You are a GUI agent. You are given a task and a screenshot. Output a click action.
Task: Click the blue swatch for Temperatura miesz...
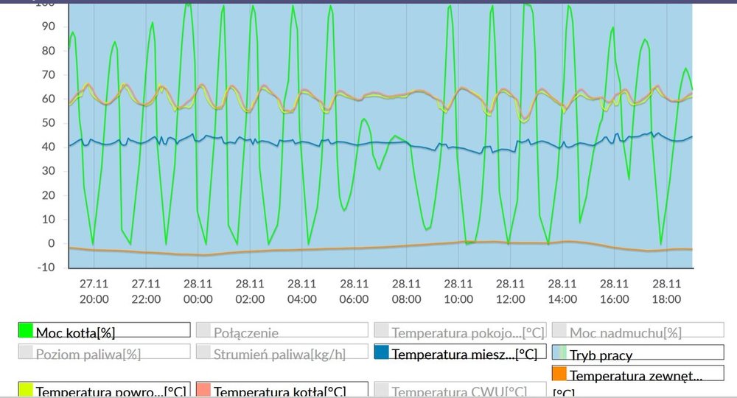[x=382, y=353]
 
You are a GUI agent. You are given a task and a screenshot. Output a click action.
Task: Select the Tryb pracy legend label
[x=601, y=355]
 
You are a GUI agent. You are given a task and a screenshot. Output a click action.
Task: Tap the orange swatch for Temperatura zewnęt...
[x=559, y=374]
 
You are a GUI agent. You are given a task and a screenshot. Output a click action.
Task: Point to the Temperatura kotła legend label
[x=279, y=391]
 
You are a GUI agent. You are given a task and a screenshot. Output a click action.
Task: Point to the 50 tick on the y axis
[x=49, y=123]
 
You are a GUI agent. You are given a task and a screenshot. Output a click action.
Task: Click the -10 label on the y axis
[x=46, y=268]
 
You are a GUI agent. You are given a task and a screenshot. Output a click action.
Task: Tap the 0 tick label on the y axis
[x=52, y=243]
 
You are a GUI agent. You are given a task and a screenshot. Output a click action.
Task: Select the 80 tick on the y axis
[x=49, y=51]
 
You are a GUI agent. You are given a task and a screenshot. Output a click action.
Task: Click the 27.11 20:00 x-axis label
[x=94, y=291]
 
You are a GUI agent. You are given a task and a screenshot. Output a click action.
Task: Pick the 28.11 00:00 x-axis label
[x=198, y=291]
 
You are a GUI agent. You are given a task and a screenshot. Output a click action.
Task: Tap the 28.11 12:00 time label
[x=510, y=291]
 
